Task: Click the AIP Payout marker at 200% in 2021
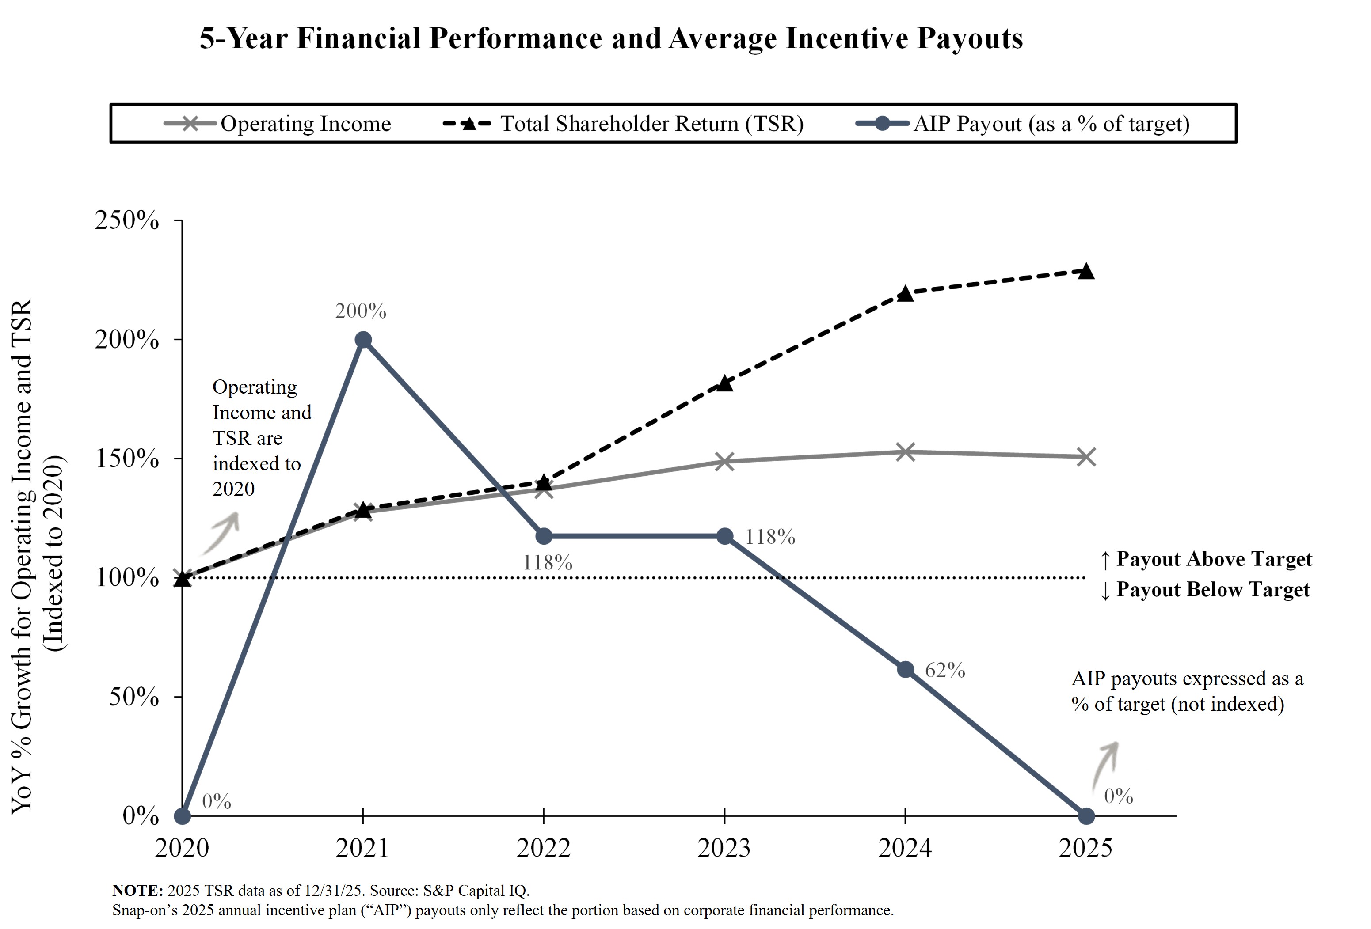(x=363, y=340)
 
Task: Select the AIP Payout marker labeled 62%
(x=905, y=670)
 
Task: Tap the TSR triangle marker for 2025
(x=1085, y=272)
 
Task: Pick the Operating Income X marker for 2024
(x=905, y=452)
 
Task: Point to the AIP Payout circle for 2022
(x=544, y=536)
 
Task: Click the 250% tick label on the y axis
(x=127, y=220)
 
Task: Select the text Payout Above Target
(x=1214, y=559)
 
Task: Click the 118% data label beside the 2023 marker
(x=770, y=537)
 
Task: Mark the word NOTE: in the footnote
(x=137, y=890)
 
